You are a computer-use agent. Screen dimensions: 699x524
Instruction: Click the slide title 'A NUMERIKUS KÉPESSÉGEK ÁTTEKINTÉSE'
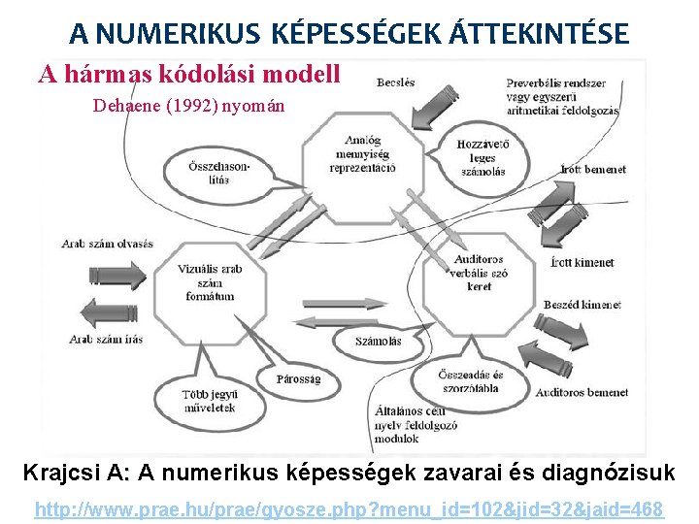tap(349, 34)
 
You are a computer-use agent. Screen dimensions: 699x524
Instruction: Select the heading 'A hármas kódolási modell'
tap(189, 73)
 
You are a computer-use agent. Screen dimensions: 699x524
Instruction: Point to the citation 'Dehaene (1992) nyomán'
tap(188, 106)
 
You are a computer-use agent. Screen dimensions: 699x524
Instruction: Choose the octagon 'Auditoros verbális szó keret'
tap(480, 273)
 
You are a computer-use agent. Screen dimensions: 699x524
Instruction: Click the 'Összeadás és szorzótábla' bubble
tap(470, 382)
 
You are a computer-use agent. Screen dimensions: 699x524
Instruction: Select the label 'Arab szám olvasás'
tap(108, 244)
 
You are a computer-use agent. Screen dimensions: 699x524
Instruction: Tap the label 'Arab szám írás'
tap(107, 339)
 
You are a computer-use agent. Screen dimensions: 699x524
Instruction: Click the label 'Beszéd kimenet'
tap(582, 305)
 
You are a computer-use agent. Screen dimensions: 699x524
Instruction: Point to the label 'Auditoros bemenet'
tap(582, 393)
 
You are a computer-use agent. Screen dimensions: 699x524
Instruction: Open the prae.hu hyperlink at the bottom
tap(349, 508)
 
